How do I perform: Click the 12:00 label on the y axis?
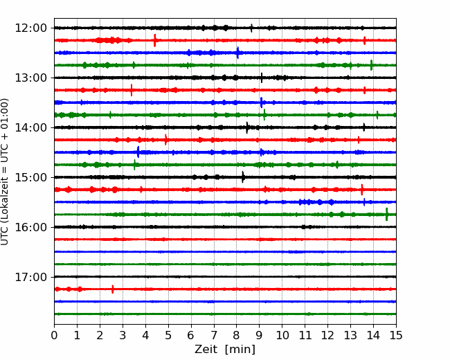coord(30,28)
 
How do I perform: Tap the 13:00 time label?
coord(30,78)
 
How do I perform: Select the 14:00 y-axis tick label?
coord(30,127)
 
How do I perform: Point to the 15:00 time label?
coord(30,177)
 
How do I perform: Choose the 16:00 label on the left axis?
coord(30,227)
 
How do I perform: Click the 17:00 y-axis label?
coord(30,277)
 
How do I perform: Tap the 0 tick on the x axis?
coord(54,335)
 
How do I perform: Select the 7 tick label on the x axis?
coord(214,335)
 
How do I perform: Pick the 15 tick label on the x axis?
coord(396,335)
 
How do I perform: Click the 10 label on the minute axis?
coord(282,335)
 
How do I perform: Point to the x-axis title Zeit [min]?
coord(225,350)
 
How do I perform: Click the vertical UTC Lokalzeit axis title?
coord(4,172)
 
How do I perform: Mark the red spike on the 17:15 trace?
coord(112,289)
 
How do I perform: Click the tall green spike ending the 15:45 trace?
coord(386,214)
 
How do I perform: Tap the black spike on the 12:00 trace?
coord(252,28)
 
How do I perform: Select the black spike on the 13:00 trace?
coord(262,78)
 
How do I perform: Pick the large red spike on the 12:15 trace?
coord(154,40)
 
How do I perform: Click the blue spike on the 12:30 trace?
coord(237,53)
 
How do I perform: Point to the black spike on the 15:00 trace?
coord(243,177)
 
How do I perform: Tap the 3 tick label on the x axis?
coord(123,335)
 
